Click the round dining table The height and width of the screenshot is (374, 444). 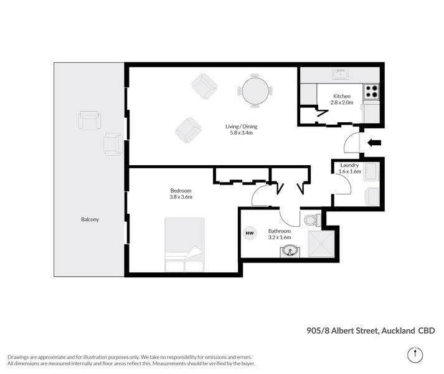255,91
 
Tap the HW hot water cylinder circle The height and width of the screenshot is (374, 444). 250,233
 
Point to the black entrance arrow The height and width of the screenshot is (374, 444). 374,143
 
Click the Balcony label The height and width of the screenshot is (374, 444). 90,219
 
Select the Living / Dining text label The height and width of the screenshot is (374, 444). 241,127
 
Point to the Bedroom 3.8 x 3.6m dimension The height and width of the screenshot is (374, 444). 181,197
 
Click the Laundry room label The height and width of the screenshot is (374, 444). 349,165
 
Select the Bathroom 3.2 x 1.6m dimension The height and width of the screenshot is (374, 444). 280,237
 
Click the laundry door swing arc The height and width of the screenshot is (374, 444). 342,183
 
